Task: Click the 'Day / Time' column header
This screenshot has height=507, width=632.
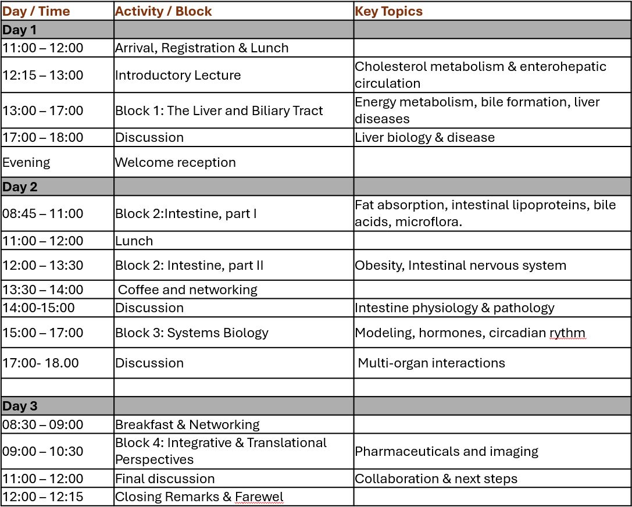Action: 36,11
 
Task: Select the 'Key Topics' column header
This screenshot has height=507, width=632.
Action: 388,11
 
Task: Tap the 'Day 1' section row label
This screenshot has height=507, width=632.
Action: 19,30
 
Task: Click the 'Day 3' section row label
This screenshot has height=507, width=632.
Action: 19,406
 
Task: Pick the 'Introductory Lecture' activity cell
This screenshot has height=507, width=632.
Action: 178,75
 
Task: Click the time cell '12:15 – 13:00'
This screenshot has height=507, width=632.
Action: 43,75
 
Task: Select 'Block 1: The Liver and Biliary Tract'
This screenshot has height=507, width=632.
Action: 219,110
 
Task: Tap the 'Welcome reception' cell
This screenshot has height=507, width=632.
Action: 176,162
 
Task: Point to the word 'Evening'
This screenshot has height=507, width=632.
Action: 26,162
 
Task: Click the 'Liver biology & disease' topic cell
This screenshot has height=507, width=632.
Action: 424,137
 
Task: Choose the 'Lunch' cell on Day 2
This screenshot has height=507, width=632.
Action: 134,241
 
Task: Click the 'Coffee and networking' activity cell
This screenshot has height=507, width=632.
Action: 188,290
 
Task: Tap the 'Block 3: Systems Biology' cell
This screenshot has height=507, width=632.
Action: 192,333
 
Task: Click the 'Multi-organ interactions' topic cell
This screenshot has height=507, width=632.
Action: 431,363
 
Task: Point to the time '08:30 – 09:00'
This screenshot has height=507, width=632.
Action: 43,424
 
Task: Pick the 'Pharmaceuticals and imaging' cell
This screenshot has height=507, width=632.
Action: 447,451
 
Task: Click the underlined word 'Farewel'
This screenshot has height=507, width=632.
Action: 259,497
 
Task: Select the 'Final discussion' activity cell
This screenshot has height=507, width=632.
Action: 165,479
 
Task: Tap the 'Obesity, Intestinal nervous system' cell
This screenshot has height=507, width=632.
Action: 460,265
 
